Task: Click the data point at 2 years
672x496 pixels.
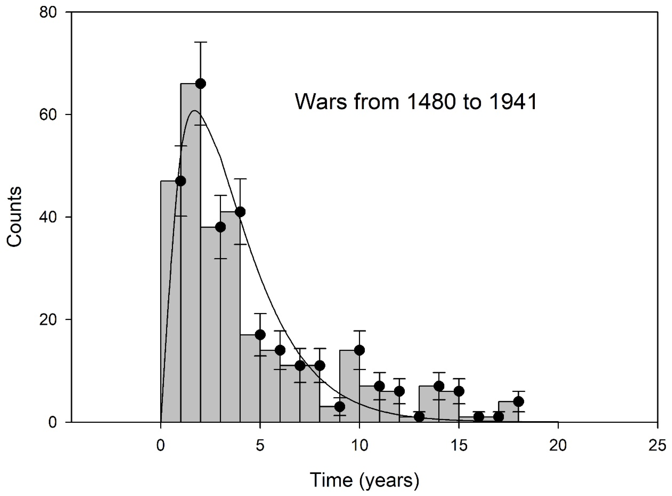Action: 201,84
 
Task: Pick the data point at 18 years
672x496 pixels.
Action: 518,401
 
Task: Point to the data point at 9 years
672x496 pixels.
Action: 340,407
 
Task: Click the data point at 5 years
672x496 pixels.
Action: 260,335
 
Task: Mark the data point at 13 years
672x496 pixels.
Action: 419,417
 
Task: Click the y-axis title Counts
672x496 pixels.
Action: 14,217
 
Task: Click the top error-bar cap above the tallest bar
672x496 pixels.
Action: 201,42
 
